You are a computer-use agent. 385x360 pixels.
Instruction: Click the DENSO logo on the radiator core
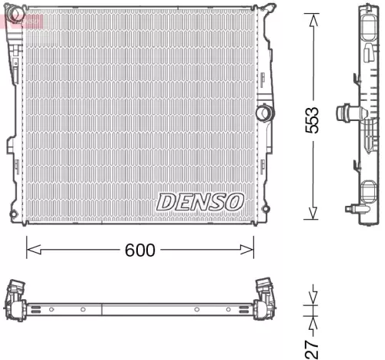[199, 202]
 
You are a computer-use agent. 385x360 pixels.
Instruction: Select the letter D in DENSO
[167, 202]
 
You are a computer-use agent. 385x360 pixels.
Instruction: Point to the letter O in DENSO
[233, 202]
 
